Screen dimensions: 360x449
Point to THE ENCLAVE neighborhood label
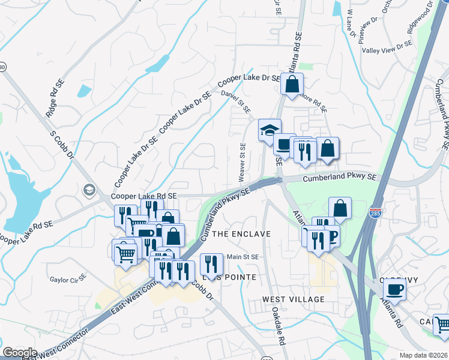click(x=242, y=233)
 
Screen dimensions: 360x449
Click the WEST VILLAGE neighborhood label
click(x=293, y=299)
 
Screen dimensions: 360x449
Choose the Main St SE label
click(x=243, y=257)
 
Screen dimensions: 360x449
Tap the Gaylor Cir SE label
click(x=68, y=280)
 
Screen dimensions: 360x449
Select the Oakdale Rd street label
click(x=277, y=326)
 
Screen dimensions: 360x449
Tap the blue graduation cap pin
click(x=270, y=130)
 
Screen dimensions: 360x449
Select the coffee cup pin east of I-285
click(x=394, y=290)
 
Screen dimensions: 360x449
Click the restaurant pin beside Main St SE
click(x=211, y=263)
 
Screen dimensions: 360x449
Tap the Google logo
click(x=20, y=353)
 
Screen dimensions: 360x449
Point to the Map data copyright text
click(x=424, y=355)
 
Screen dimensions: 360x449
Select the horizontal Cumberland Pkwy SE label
click(x=339, y=178)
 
